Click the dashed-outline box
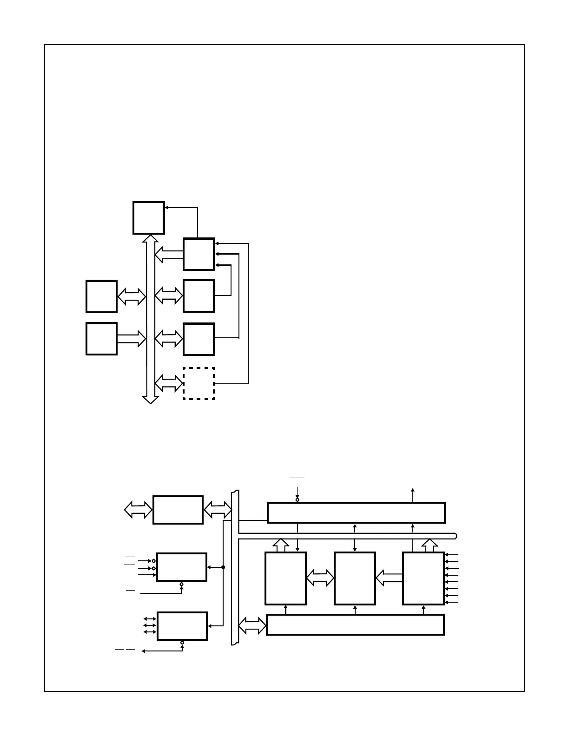(x=198, y=383)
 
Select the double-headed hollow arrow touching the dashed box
(x=169, y=383)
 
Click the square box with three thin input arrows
(x=198, y=254)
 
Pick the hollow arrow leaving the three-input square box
(x=169, y=254)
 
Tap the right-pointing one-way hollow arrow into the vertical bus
(x=132, y=339)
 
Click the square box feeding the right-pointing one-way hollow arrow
(x=101, y=339)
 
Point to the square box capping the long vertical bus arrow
(x=149, y=218)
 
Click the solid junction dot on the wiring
(x=223, y=567)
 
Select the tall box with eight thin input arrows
(x=423, y=578)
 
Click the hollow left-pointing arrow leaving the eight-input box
(x=389, y=578)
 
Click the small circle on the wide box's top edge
(x=298, y=500)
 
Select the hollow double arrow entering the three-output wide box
(x=252, y=625)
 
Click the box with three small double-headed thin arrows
(x=182, y=626)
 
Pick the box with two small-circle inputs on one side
(x=181, y=567)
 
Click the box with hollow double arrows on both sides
(x=178, y=510)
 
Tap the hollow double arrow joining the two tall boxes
(x=320, y=578)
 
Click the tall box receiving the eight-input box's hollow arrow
(x=355, y=578)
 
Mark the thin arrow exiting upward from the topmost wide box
(x=413, y=495)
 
